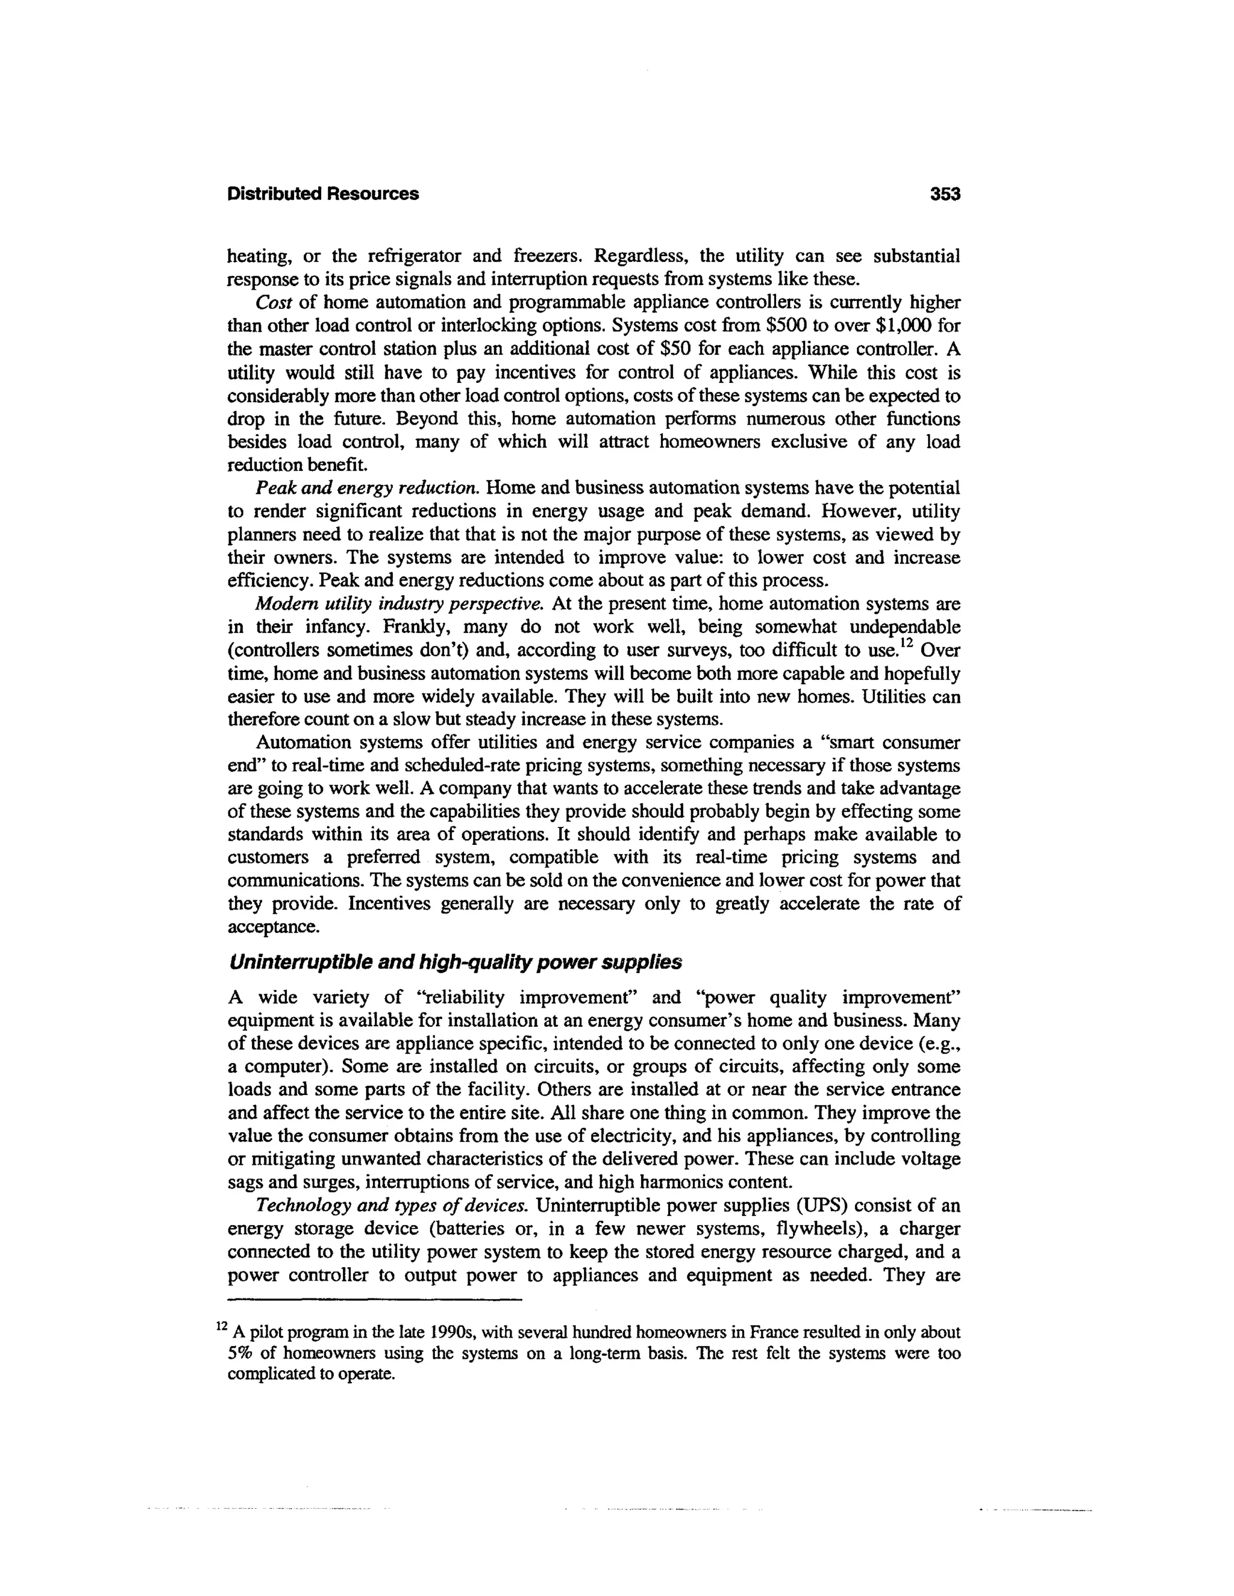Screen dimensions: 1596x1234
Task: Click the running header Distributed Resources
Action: click(x=323, y=195)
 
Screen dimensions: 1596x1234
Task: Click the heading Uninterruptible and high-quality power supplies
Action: click(x=455, y=962)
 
